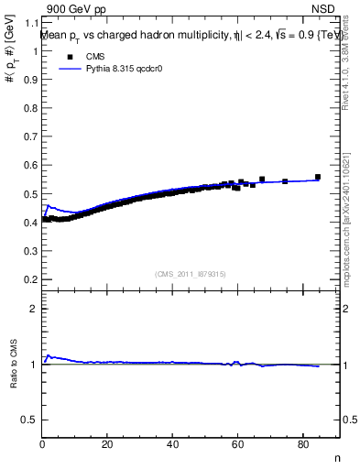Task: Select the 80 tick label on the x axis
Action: pyautogui.click(x=302, y=446)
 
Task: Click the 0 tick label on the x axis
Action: pyautogui.click(x=42, y=446)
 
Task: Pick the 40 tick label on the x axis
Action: pyautogui.click(x=172, y=446)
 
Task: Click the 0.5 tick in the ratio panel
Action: pyautogui.click(x=28, y=420)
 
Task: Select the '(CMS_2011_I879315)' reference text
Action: pyautogui.click(x=191, y=274)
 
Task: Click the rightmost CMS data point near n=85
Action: pyautogui.click(x=318, y=177)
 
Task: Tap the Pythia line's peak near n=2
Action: pyautogui.click(x=49, y=206)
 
